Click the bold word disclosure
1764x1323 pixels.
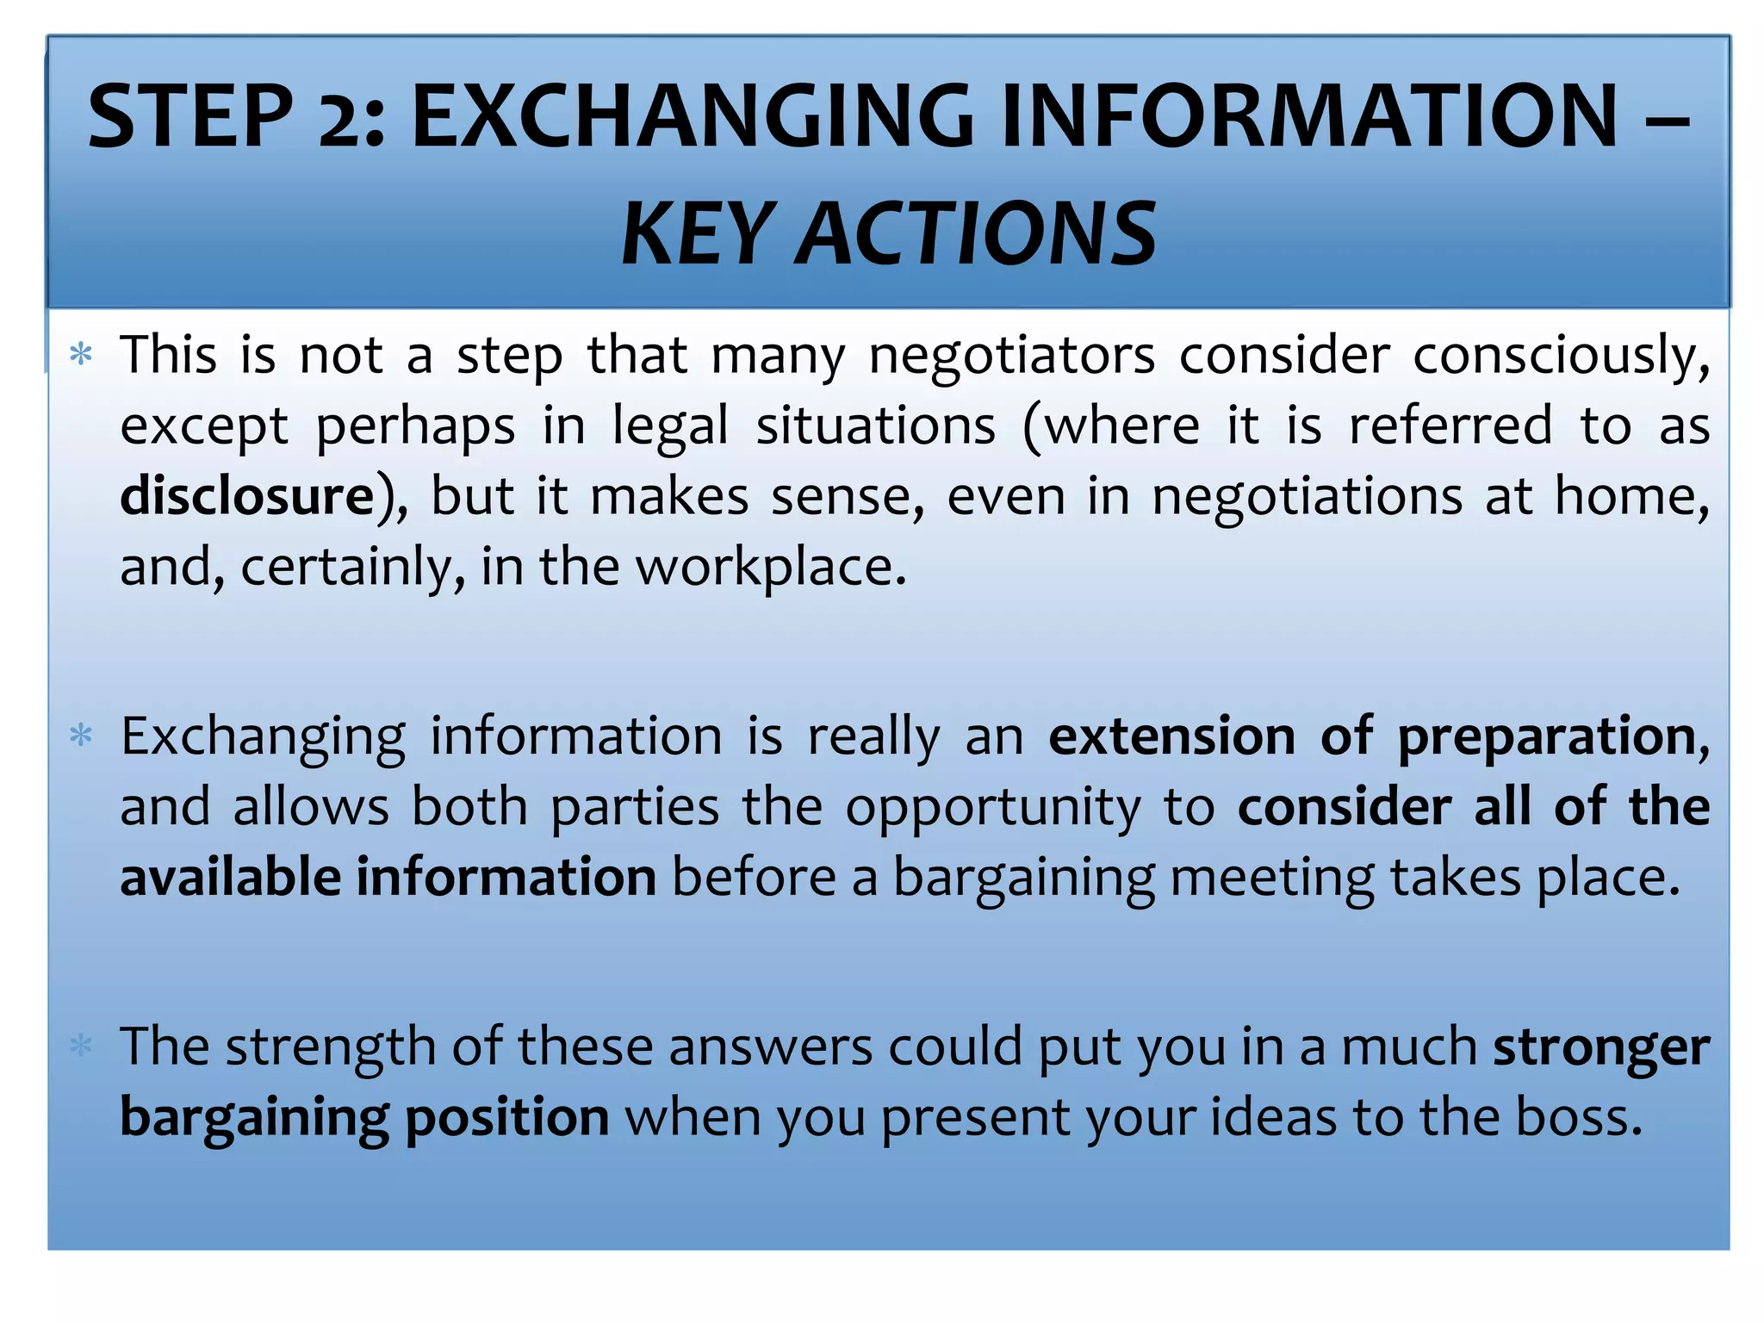[x=247, y=496]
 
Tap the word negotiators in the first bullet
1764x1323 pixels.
[x=1011, y=356]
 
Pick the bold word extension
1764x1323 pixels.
[x=1171, y=736]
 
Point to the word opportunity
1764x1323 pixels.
[x=992, y=809]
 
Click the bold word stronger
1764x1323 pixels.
[x=1601, y=1048]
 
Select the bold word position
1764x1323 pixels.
[x=507, y=1119]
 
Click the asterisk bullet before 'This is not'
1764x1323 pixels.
[x=81, y=354]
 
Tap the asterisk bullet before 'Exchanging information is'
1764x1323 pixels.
[x=81, y=736]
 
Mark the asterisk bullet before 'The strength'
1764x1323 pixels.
[x=81, y=1047]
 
